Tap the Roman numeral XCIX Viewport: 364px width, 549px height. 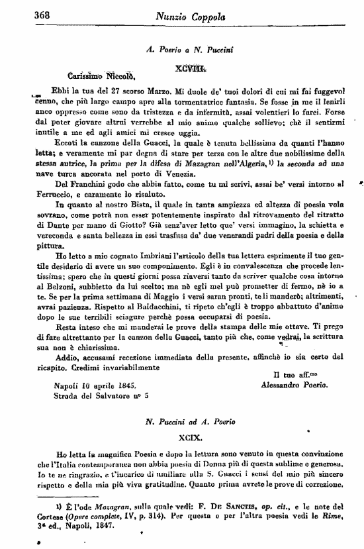(190, 438)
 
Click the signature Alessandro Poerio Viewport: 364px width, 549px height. (294, 384)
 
